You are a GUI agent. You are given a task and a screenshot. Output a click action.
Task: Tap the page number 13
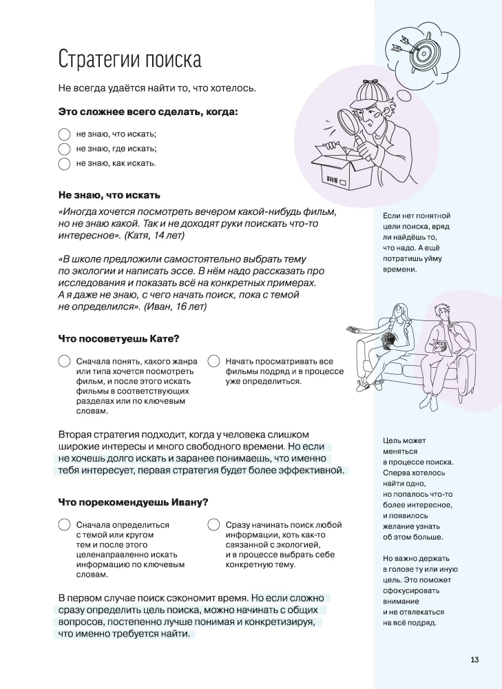pos(474,659)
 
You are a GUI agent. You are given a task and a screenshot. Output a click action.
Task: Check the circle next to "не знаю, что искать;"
pos(64,134)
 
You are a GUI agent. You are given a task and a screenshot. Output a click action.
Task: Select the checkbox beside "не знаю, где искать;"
pos(64,148)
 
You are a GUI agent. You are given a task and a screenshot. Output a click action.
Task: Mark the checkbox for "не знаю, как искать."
pos(64,163)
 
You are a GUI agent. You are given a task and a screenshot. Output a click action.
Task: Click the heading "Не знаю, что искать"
pos(109,195)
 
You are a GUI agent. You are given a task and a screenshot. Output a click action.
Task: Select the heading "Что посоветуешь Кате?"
pos(118,338)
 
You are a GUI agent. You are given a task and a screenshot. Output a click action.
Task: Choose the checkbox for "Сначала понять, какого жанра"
pos(64,361)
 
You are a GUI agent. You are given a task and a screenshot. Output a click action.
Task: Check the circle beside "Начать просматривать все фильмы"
pos(213,361)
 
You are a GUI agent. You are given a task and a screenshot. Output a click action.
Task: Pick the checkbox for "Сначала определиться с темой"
pos(64,525)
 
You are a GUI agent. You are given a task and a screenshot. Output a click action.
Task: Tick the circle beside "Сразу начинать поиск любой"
pos(213,525)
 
